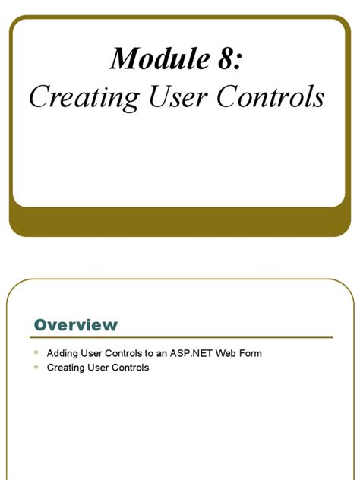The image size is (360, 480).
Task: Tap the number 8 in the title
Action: click(226, 58)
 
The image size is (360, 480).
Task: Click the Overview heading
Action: click(76, 325)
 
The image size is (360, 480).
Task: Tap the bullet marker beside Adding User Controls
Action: click(36, 353)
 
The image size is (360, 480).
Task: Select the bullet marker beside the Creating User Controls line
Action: click(36, 367)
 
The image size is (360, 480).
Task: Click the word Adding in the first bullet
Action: click(62, 354)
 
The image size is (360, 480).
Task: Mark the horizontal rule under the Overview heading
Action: click(182, 337)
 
